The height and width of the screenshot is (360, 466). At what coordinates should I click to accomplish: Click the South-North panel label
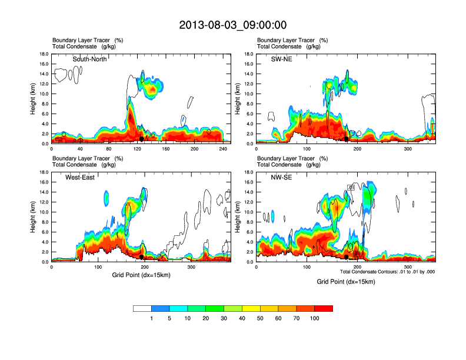(89, 59)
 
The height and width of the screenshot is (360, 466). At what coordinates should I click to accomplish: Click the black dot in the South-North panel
(142, 139)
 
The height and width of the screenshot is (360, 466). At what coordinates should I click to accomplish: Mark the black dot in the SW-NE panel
(347, 139)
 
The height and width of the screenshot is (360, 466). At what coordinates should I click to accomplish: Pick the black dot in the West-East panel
(142, 256)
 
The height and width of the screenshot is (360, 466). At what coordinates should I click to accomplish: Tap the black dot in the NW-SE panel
(347, 256)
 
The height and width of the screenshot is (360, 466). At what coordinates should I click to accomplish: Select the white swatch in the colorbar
(142, 308)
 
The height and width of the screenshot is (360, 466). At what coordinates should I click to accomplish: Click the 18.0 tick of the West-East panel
(44, 172)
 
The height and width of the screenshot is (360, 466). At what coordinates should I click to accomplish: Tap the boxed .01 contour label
(351, 187)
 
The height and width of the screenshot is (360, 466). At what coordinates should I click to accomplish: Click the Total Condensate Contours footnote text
(387, 272)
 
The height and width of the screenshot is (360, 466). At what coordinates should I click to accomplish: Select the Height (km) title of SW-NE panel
(237, 99)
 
